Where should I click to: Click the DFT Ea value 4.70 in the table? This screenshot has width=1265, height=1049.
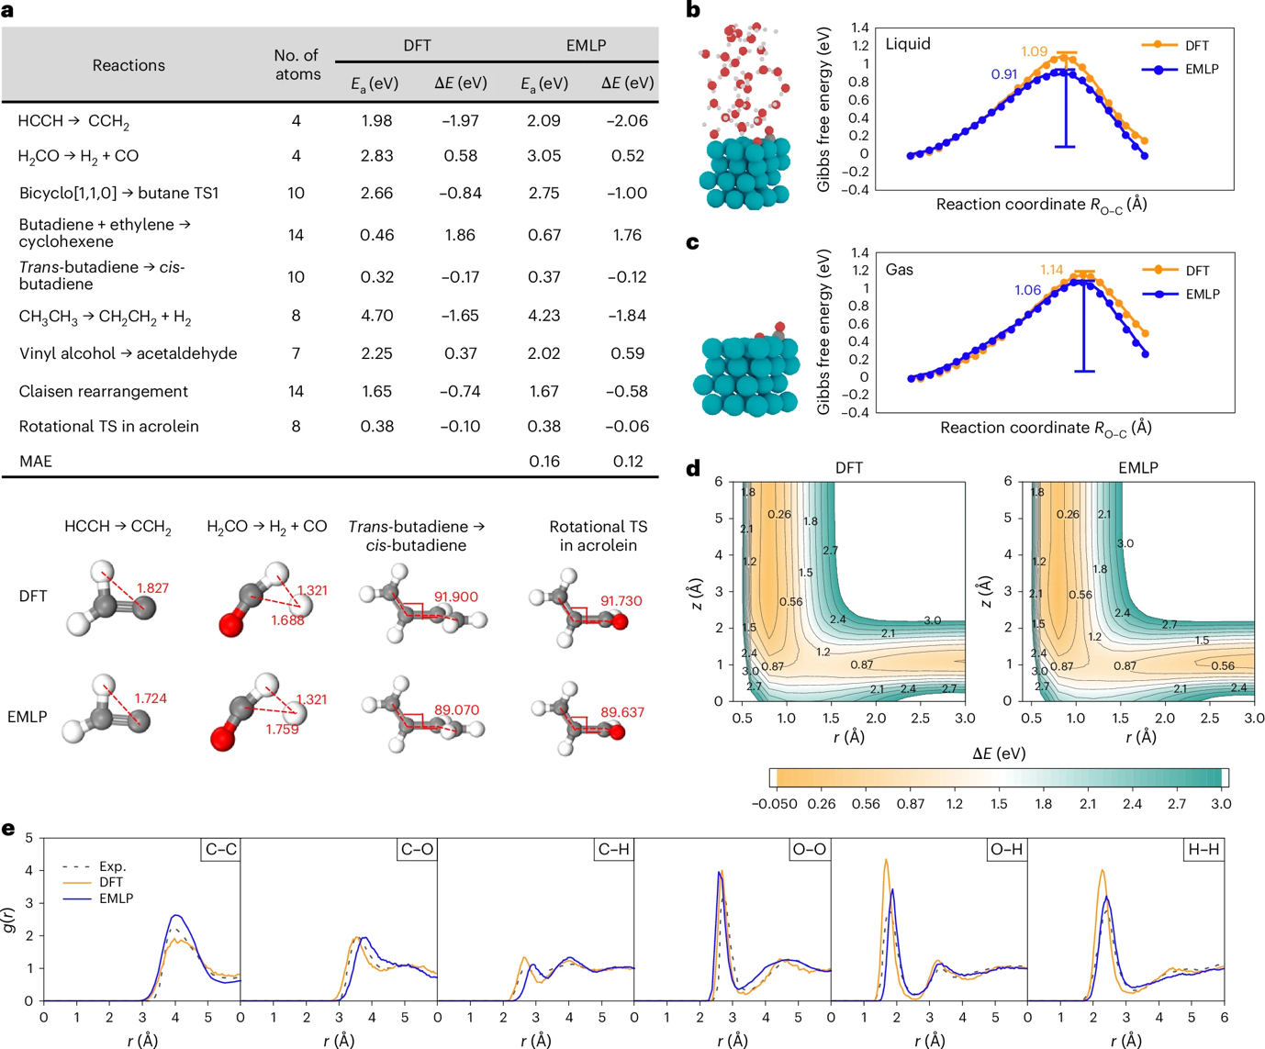tap(376, 316)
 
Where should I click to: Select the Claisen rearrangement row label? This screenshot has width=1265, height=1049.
tap(104, 391)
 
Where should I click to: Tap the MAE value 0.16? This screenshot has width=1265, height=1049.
tap(544, 462)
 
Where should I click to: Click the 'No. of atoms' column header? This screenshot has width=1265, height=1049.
tap(297, 65)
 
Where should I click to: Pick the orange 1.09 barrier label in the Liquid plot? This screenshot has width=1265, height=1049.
tap(1034, 51)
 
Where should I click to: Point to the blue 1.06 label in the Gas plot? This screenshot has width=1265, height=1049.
tap(1027, 290)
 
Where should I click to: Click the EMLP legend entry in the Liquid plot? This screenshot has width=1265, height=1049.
tap(1202, 69)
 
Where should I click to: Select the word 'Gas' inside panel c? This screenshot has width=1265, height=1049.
tap(899, 270)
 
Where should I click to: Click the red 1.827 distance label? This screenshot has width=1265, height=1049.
tap(152, 588)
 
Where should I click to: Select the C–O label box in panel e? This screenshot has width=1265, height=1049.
tap(417, 850)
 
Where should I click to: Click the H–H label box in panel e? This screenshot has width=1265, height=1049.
tap(1203, 850)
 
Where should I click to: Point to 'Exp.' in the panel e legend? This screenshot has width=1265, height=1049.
tap(112, 866)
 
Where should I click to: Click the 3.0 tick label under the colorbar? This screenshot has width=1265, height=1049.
tap(1220, 804)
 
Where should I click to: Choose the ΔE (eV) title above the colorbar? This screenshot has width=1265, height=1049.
tap(999, 753)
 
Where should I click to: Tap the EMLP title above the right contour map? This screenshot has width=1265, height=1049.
tap(1138, 468)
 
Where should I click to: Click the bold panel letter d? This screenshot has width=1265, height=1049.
tap(694, 469)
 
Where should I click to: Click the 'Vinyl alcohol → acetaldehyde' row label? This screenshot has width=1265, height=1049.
tap(129, 353)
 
